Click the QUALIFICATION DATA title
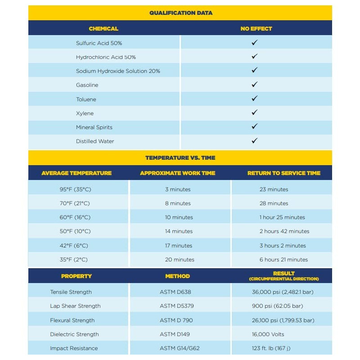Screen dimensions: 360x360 180,13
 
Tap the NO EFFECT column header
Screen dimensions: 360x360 256,28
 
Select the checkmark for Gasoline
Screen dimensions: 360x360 254,85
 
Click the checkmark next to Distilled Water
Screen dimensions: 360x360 254,141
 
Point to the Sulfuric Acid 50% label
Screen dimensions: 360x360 99,43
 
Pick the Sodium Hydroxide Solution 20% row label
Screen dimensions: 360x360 118,71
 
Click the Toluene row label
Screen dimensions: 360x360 86,99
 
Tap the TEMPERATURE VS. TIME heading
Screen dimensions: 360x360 180,158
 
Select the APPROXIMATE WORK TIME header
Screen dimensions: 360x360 177,173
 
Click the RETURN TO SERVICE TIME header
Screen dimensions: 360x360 283,173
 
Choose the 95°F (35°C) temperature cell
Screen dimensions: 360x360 75,189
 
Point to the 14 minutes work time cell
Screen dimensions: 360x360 179,231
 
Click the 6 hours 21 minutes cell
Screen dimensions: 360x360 283,260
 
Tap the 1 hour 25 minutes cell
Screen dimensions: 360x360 282,217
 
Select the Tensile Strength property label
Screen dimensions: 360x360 71,292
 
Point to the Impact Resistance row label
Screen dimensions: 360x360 74,348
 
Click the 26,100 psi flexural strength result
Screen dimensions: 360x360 283,320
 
